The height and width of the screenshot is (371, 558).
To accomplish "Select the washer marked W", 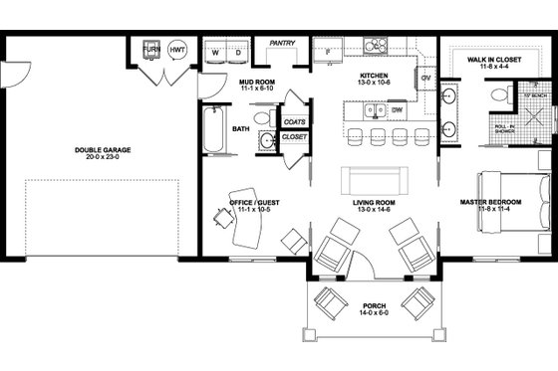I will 215,50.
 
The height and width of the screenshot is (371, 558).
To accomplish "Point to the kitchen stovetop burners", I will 377,45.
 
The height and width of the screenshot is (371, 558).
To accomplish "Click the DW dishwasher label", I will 397,108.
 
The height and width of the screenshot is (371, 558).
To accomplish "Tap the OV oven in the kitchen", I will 426,78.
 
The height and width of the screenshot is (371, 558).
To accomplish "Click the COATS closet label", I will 294,121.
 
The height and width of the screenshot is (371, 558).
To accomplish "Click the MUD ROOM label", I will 257,83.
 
